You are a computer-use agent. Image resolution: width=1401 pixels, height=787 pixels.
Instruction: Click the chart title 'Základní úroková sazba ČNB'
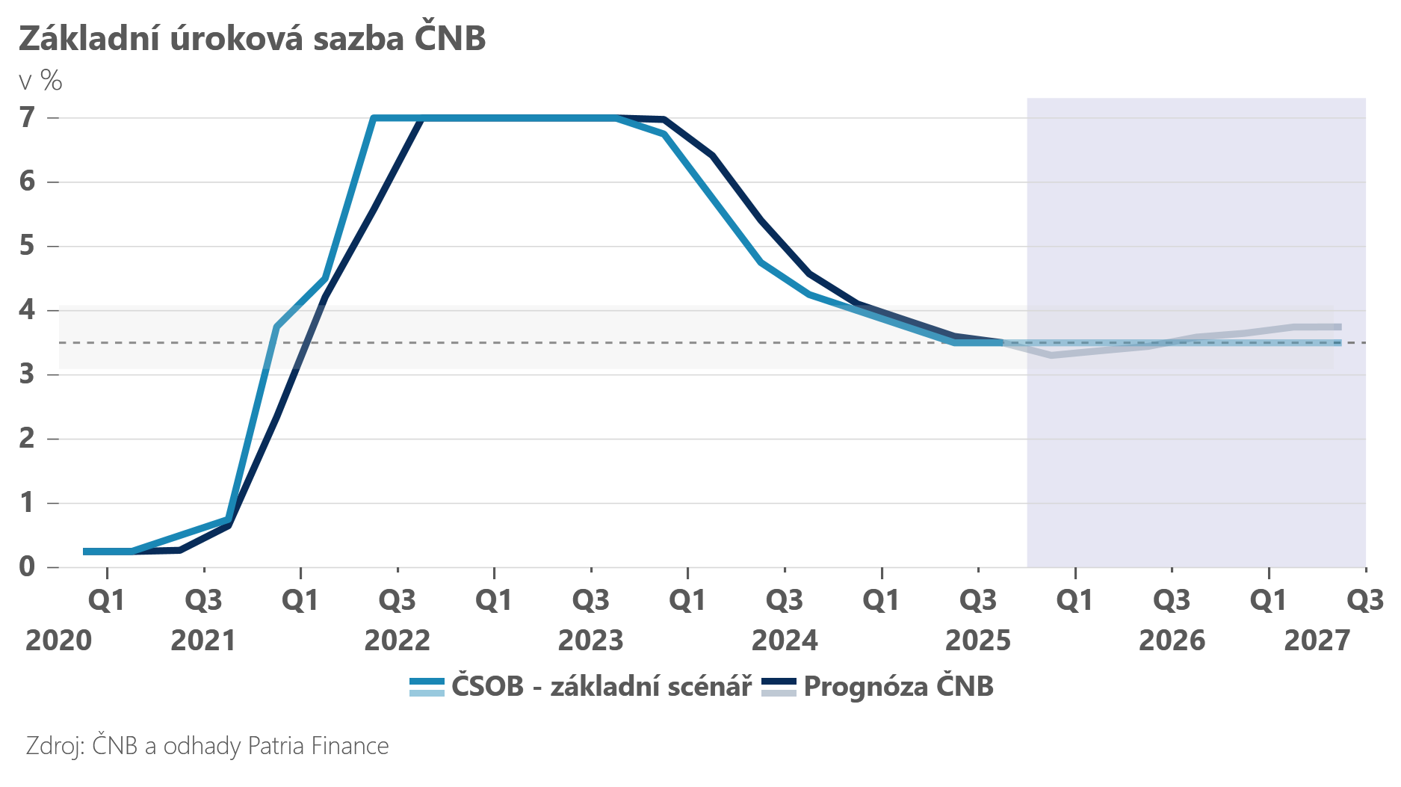tap(252, 39)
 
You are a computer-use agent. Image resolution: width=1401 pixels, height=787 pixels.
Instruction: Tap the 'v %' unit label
tap(40, 81)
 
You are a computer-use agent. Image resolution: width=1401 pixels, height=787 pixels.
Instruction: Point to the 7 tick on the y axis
tap(28, 117)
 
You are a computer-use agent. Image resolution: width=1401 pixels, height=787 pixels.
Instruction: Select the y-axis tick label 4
tap(28, 309)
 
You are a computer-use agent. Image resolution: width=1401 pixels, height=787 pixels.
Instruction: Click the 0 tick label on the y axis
tap(28, 567)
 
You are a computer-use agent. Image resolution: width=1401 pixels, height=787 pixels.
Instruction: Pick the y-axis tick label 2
tap(28, 438)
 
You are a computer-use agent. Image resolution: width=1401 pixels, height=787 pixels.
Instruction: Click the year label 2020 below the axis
tap(58, 641)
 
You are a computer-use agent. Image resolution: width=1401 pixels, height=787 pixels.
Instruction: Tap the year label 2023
tap(590, 641)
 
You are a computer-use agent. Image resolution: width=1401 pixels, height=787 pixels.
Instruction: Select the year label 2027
tap(1317, 641)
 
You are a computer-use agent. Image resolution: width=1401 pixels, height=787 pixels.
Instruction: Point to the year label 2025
tap(977, 641)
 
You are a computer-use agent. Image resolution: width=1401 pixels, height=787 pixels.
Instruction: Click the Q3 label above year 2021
tap(204, 600)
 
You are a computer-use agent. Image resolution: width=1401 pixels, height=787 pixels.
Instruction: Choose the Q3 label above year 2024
tap(785, 600)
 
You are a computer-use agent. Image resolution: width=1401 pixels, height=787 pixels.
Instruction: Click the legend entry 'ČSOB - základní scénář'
tap(601, 686)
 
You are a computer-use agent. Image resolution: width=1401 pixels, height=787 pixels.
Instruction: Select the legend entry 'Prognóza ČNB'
tap(898, 686)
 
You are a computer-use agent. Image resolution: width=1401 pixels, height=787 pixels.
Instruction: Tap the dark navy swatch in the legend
tap(779, 681)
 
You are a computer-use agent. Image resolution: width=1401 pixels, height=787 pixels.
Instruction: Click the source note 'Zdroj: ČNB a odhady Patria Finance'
tap(208, 746)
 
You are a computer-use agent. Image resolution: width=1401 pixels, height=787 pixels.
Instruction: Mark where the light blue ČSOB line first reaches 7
tap(374, 118)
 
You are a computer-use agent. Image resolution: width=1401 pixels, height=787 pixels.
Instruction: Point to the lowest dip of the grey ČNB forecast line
tap(1051, 355)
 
